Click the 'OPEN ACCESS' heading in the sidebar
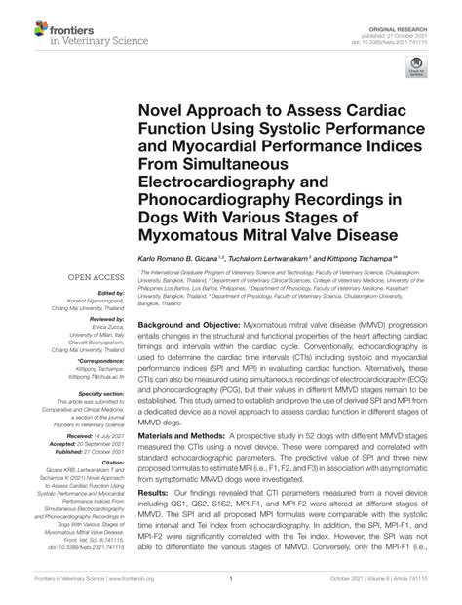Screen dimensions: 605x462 point(97,278)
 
